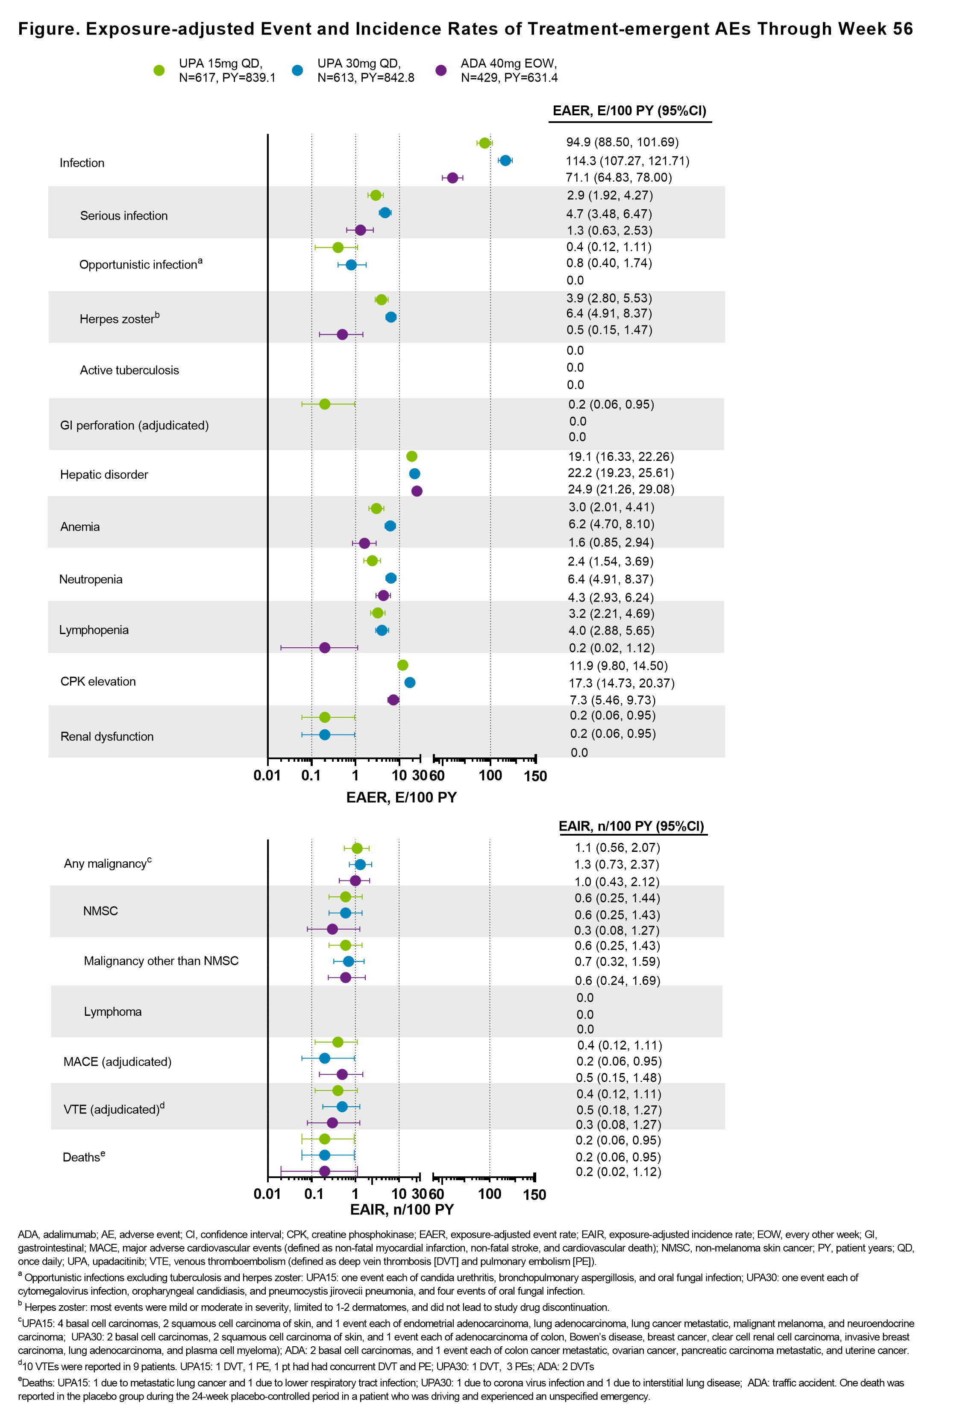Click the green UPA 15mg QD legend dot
pyautogui.click(x=159, y=70)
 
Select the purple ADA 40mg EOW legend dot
pyautogui.click(x=441, y=70)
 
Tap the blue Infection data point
pyautogui.click(x=505, y=160)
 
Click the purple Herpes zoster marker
pyautogui.click(x=342, y=334)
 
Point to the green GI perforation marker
pyautogui.click(x=325, y=404)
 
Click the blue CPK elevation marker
pyautogui.click(x=410, y=682)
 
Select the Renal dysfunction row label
pyautogui.click(x=107, y=736)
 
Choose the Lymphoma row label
pyautogui.click(x=112, y=1012)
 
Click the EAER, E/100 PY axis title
pyautogui.click(x=401, y=797)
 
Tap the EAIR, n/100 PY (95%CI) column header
pyautogui.click(x=631, y=826)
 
